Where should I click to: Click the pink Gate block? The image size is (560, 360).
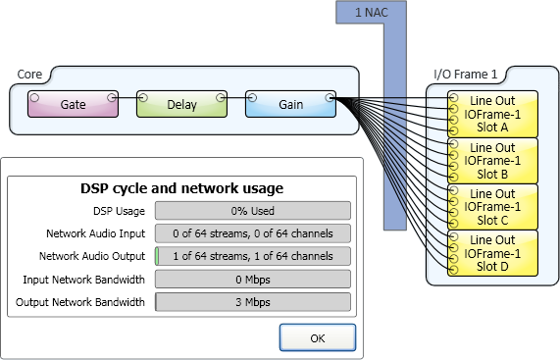coord(73,104)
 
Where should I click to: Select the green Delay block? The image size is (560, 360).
coord(181,104)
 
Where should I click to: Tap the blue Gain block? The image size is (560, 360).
coord(290,104)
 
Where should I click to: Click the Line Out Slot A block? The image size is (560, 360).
coord(492,114)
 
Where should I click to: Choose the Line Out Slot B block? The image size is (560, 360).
coord(492,161)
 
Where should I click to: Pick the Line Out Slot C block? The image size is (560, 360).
coord(492,207)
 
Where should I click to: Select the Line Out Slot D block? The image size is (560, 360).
coord(492,253)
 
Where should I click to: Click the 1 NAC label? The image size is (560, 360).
coord(372,13)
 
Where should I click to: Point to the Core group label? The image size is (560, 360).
coord(29,75)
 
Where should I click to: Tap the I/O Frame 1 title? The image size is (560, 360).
coord(465,75)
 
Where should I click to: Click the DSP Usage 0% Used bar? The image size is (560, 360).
coord(253,211)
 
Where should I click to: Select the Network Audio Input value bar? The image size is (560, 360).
coord(253,233)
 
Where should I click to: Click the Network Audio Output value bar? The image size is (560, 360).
coord(253,256)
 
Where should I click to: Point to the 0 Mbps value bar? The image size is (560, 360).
coord(253,280)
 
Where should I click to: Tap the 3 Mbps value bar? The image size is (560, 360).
coord(253,302)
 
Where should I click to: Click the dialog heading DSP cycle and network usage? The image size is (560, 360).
coord(181,188)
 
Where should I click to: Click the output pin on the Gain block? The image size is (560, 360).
coord(330,97)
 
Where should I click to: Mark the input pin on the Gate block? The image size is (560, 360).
coord(34,97)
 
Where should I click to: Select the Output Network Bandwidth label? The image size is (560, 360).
coord(80,302)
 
